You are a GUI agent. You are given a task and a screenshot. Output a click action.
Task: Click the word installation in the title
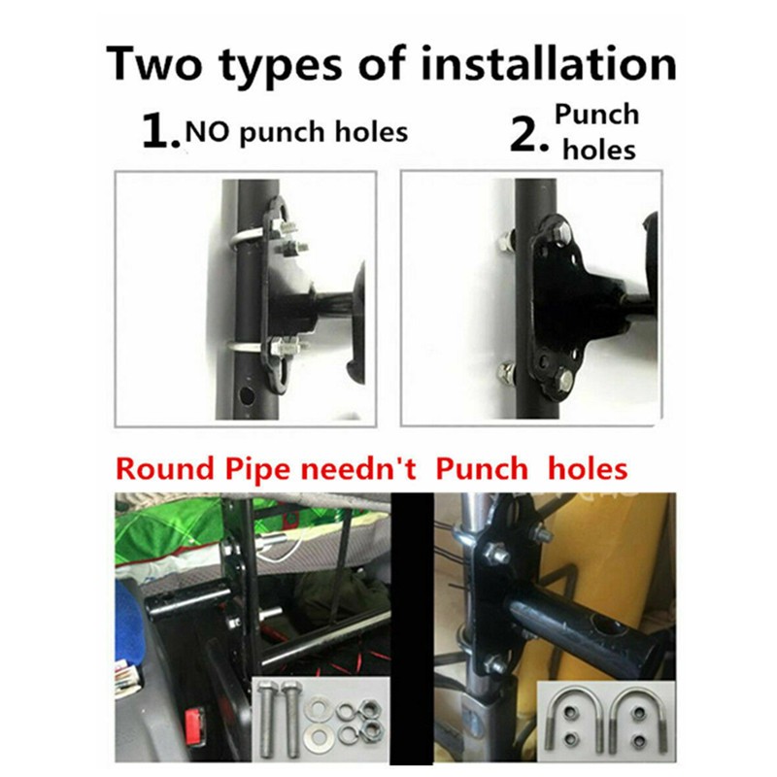[549, 63]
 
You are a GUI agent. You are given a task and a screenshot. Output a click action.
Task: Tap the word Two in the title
[155, 63]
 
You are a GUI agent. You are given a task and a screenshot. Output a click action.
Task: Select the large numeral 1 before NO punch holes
[157, 131]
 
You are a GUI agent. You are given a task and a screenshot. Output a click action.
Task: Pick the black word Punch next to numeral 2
[596, 115]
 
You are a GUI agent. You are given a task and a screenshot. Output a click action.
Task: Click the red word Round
[167, 469]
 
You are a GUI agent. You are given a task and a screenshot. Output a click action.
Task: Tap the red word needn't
[358, 469]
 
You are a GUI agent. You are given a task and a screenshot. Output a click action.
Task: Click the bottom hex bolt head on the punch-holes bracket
[565, 380]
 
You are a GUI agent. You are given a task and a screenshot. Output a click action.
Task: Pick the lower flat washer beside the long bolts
[317, 737]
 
